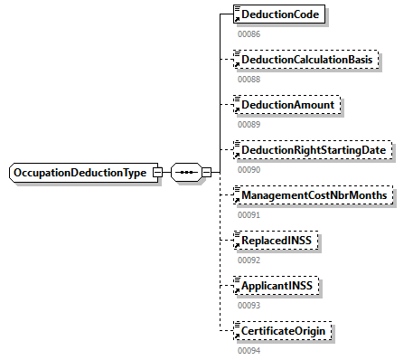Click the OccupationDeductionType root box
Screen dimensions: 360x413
point(80,173)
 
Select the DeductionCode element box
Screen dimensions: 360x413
point(278,15)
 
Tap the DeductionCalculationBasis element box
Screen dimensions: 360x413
point(305,61)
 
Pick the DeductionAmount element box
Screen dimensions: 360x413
point(286,106)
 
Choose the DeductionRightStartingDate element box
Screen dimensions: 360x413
point(312,150)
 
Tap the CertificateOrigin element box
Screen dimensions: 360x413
point(282,331)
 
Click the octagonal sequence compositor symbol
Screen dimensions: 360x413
point(185,173)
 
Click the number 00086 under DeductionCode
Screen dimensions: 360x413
point(249,33)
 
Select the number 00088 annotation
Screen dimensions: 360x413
point(249,79)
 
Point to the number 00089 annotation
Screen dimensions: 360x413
point(249,124)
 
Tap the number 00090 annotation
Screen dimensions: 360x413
point(249,169)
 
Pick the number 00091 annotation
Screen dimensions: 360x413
point(249,214)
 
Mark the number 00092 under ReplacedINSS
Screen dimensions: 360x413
point(249,260)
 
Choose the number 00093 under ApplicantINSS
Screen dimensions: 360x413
point(249,305)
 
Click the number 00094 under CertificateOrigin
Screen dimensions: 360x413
point(249,350)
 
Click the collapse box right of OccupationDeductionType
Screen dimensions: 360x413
point(157,173)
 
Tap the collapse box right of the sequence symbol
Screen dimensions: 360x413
point(207,173)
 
